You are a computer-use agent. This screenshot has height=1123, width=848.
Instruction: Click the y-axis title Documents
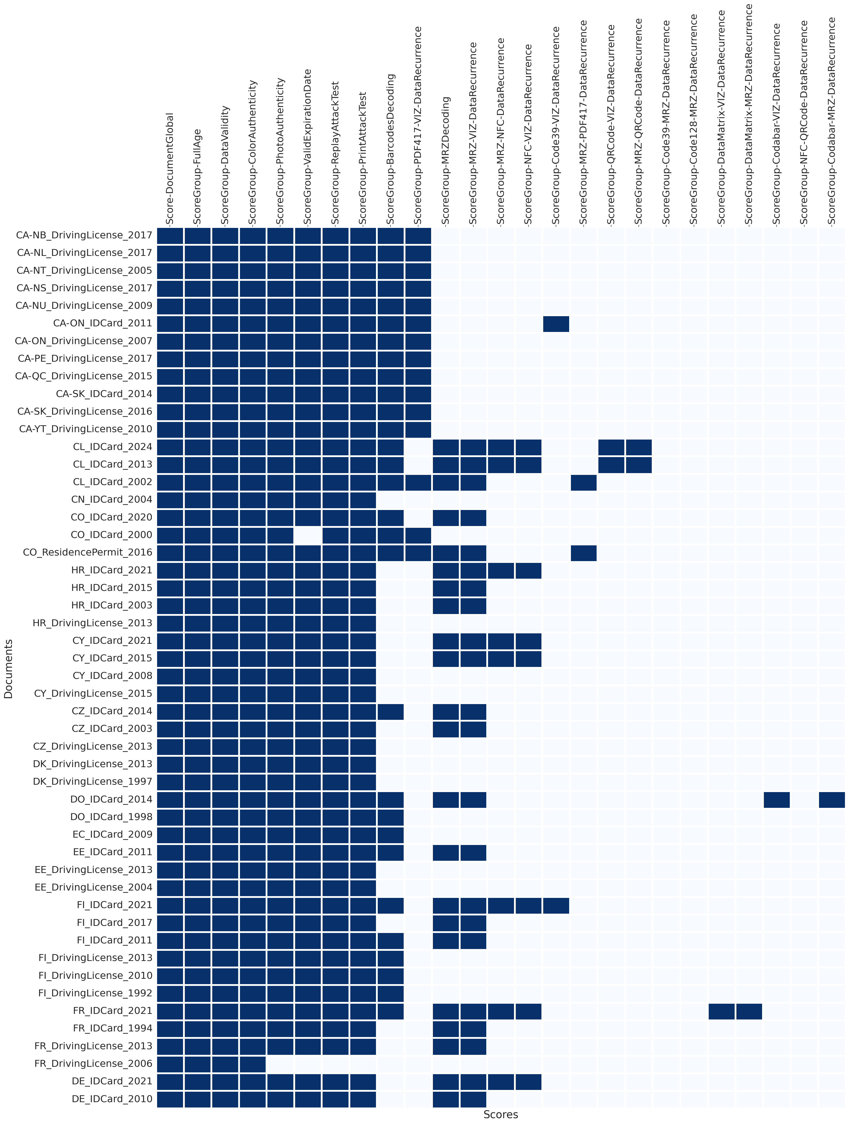pyautogui.click(x=8, y=669)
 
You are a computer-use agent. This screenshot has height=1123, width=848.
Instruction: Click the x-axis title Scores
pyautogui.click(x=500, y=1114)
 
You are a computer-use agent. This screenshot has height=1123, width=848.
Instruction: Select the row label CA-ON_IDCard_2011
pyautogui.click(x=102, y=323)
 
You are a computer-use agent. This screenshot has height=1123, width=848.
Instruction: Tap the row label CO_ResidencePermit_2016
pyautogui.click(x=87, y=552)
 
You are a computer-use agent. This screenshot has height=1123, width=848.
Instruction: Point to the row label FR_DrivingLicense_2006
pyautogui.click(x=93, y=1063)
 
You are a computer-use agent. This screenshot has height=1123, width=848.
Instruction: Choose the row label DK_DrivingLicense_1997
pyautogui.click(x=92, y=781)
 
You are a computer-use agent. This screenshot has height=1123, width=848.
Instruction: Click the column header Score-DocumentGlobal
pyautogui.click(x=170, y=169)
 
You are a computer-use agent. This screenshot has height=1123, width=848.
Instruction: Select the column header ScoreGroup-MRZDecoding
pyautogui.click(x=446, y=161)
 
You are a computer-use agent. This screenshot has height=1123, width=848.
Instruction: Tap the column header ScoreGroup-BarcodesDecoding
pyautogui.click(x=390, y=150)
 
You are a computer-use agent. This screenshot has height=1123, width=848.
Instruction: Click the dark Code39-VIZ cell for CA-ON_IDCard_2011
pyautogui.click(x=556, y=323)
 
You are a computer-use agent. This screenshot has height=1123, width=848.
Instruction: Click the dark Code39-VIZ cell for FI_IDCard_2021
pyautogui.click(x=556, y=905)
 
